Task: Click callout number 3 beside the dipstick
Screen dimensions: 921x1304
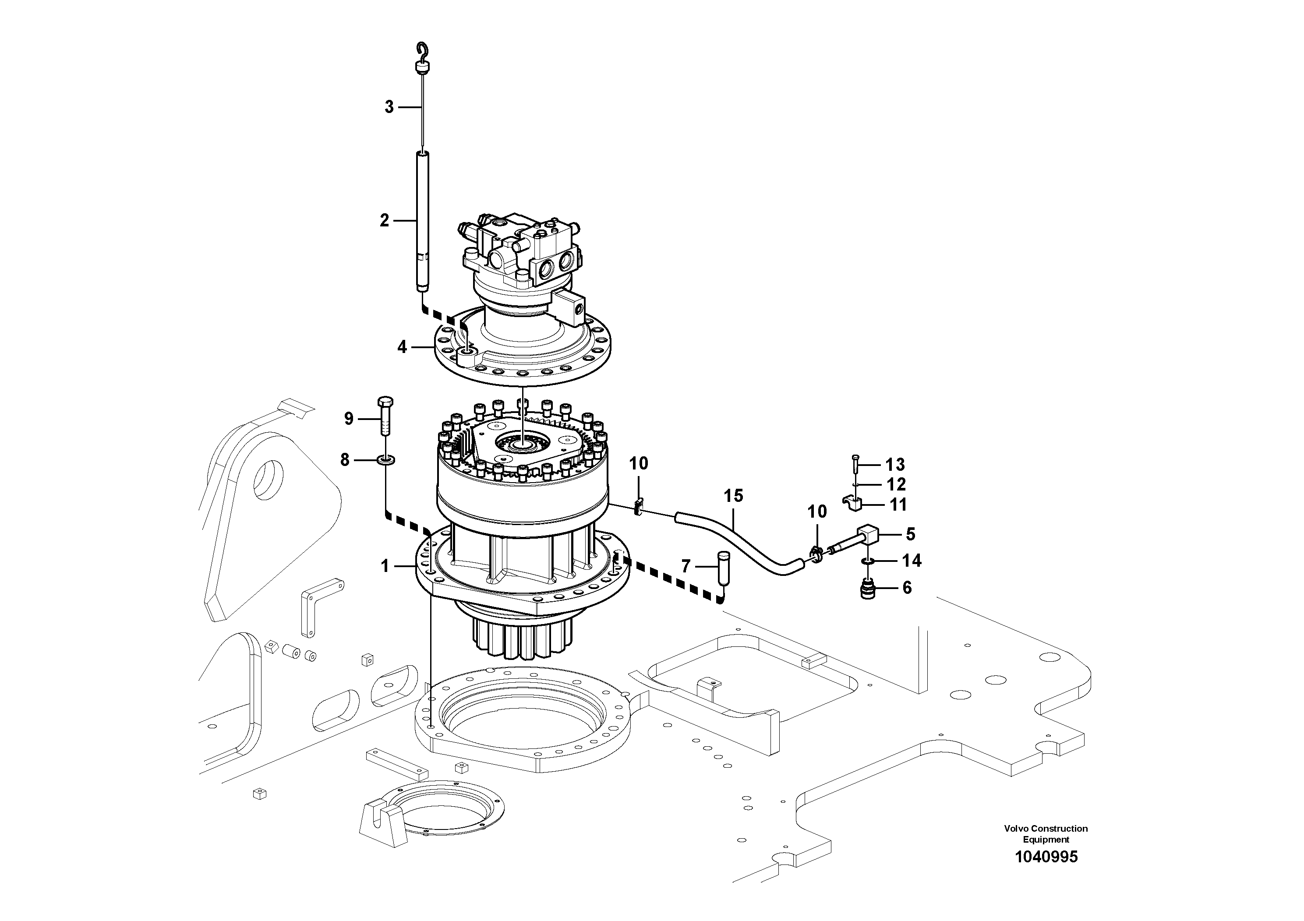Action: (x=389, y=107)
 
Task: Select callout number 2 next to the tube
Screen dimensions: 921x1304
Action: (x=385, y=220)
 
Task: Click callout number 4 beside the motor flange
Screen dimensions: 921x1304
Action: (x=402, y=346)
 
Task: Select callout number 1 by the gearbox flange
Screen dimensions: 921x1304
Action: (x=385, y=566)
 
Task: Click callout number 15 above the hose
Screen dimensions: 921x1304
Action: (x=733, y=496)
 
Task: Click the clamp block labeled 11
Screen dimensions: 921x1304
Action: (x=852, y=503)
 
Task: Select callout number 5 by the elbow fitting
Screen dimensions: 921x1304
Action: (x=910, y=534)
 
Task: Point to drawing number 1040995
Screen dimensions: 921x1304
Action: (x=1046, y=857)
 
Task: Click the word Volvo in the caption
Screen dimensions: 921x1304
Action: (x=1016, y=829)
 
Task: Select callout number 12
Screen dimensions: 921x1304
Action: (x=896, y=484)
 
